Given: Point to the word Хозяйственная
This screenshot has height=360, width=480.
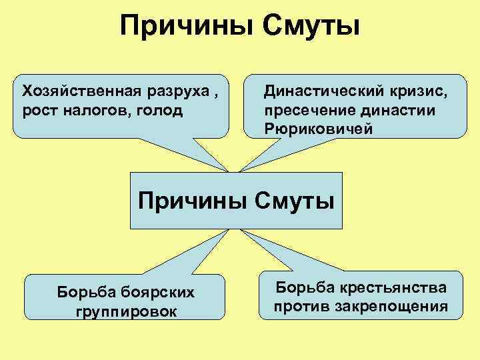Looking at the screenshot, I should [x=73, y=90].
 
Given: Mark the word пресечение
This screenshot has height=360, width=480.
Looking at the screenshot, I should [x=305, y=109].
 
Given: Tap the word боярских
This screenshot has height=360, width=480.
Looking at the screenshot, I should [x=149, y=291].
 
